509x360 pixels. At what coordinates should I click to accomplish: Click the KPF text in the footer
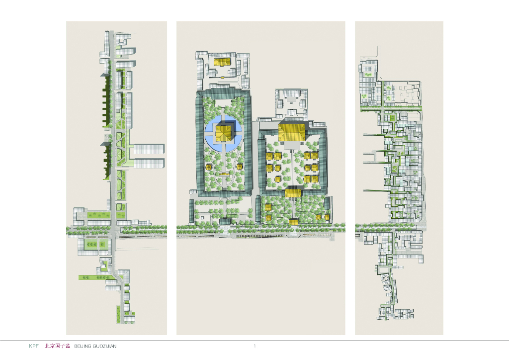point(34,346)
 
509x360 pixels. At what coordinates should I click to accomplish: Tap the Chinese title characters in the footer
point(57,346)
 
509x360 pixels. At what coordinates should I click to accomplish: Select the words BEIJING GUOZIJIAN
point(95,347)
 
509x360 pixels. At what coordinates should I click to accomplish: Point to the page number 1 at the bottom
point(255,346)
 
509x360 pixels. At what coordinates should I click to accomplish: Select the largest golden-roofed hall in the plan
point(292,132)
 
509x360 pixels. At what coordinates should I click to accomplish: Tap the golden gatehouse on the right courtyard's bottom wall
point(293,192)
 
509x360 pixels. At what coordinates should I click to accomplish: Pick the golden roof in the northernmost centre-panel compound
point(222,62)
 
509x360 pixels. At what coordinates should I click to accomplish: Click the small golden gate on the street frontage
point(294,222)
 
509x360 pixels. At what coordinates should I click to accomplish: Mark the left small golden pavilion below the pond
point(208,167)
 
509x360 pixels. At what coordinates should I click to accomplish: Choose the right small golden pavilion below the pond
point(240,167)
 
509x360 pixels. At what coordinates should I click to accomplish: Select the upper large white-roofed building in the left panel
point(149,149)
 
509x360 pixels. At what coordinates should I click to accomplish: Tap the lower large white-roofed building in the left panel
point(149,163)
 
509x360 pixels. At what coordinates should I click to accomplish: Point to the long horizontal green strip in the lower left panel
point(96,277)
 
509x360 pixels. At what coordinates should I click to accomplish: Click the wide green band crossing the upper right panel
point(391,107)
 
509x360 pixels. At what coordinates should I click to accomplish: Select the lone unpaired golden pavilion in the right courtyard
point(277,179)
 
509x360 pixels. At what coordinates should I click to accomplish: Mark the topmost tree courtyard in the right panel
point(368,75)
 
